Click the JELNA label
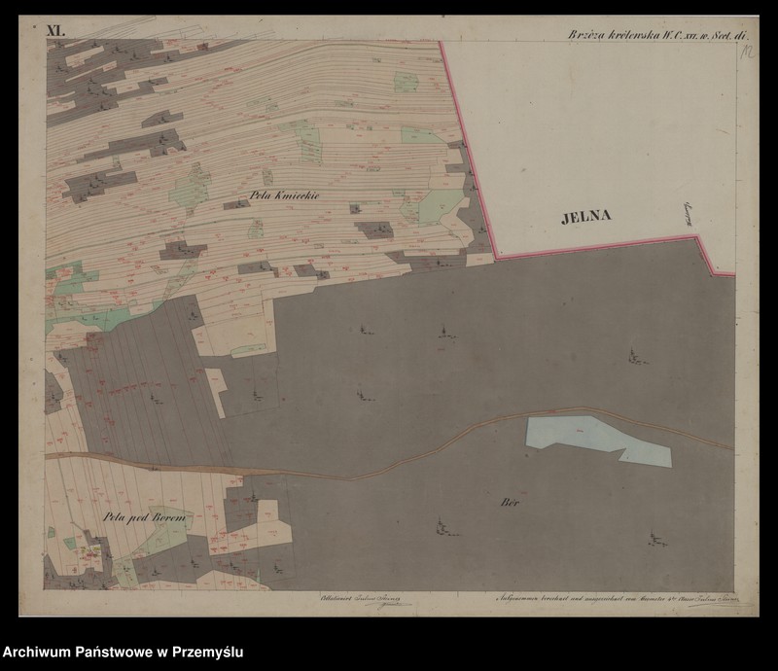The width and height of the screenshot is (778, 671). (586, 217)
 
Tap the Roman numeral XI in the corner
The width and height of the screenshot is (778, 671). (55, 31)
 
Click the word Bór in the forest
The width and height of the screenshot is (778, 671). (509, 503)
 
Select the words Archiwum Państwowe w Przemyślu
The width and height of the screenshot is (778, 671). (122, 652)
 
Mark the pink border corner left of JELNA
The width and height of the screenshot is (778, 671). (497, 257)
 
